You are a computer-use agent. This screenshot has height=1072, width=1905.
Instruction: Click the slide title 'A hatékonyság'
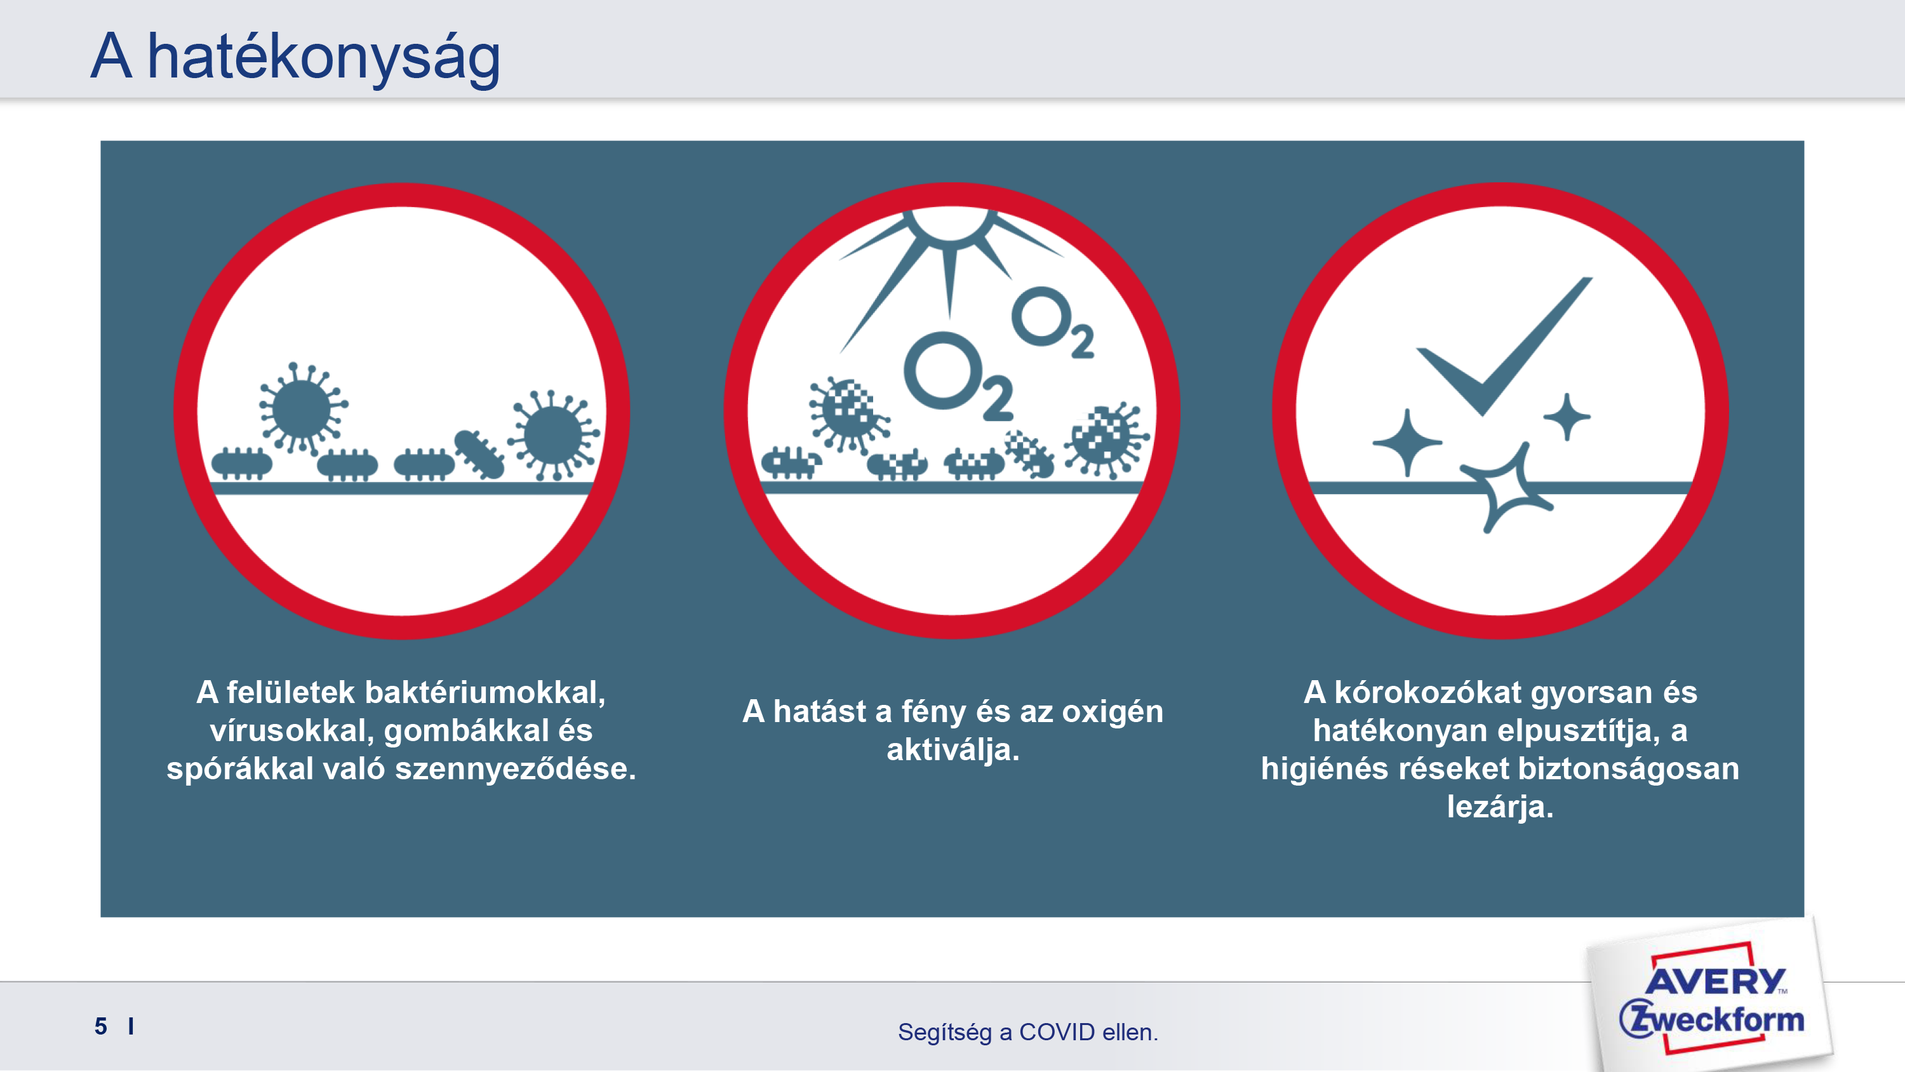tap(295, 58)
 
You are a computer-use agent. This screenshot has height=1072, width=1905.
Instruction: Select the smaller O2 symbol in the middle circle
tap(1052, 323)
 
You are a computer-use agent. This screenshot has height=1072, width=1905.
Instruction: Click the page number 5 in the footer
tap(100, 1026)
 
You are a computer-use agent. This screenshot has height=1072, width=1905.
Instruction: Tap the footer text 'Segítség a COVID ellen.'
tap(1028, 1031)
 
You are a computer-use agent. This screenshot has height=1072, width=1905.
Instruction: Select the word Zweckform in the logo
tap(1711, 1019)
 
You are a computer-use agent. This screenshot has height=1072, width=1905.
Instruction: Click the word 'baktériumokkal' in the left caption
tap(485, 692)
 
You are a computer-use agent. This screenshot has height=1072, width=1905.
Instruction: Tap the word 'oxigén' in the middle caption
tap(1113, 712)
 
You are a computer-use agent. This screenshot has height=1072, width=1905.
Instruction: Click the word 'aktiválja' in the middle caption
tap(949, 750)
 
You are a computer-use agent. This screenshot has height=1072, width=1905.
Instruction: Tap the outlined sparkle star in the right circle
tap(1506, 488)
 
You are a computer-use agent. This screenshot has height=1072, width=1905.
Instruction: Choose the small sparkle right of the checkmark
tap(1567, 417)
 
